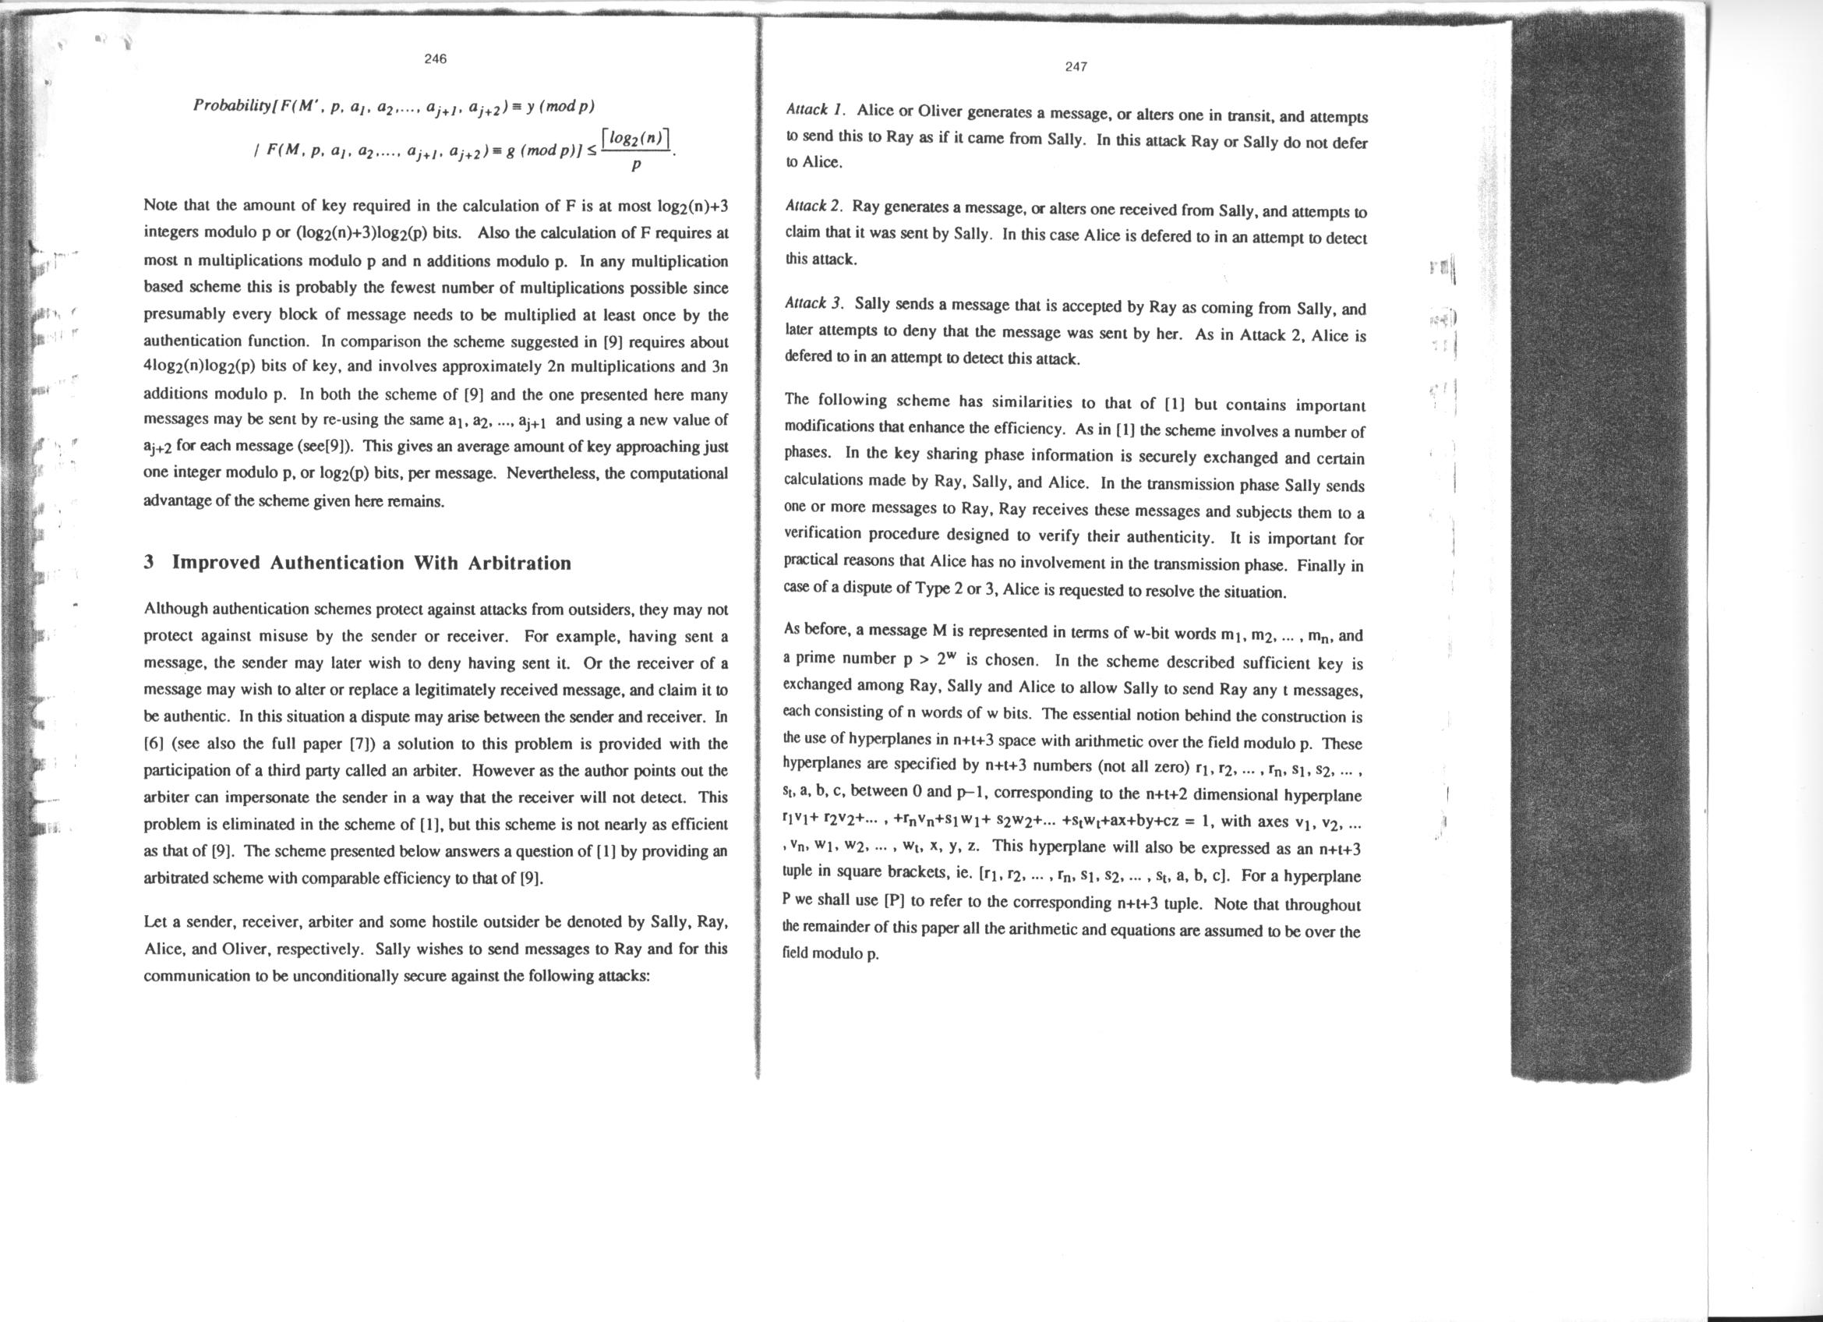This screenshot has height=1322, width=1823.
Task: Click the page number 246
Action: (x=435, y=58)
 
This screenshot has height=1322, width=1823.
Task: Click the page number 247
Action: (x=1076, y=68)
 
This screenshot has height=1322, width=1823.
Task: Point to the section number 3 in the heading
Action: (x=149, y=563)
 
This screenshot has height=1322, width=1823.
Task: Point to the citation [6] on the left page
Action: (x=152, y=744)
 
